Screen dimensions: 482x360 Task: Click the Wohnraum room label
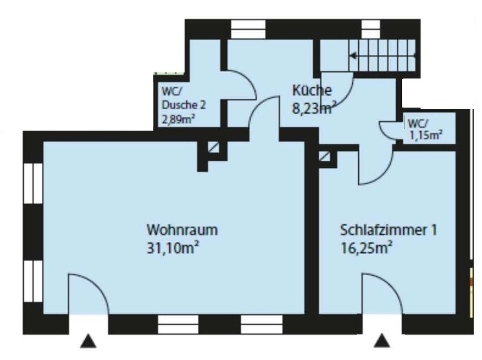pos(182,230)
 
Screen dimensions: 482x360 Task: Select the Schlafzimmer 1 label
pos(388,230)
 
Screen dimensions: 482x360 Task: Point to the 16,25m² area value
pos(366,247)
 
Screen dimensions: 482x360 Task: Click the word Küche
pos(312,90)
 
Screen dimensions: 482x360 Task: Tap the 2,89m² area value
pos(178,119)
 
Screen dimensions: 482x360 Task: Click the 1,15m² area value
pos(426,135)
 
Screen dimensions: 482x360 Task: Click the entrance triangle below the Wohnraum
pos(88,341)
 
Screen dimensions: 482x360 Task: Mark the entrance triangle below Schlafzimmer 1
pos(382,341)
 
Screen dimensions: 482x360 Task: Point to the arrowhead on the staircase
pos(353,56)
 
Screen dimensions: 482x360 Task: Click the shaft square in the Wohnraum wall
pos(213,147)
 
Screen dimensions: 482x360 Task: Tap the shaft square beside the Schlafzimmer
pos(324,156)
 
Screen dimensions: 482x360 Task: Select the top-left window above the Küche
pos(248,30)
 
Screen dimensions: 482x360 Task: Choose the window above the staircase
pos(371,30)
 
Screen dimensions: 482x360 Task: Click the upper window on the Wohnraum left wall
pos(33,183)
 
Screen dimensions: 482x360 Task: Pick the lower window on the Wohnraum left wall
pos(33,281)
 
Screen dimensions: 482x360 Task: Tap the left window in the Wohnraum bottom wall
pos(178,325)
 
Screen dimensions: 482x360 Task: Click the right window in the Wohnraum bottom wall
pos(261,325)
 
